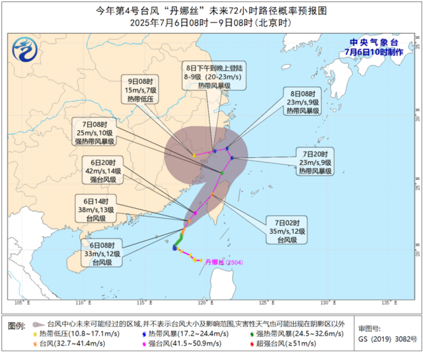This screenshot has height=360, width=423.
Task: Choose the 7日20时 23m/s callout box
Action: tap(315, 161)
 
